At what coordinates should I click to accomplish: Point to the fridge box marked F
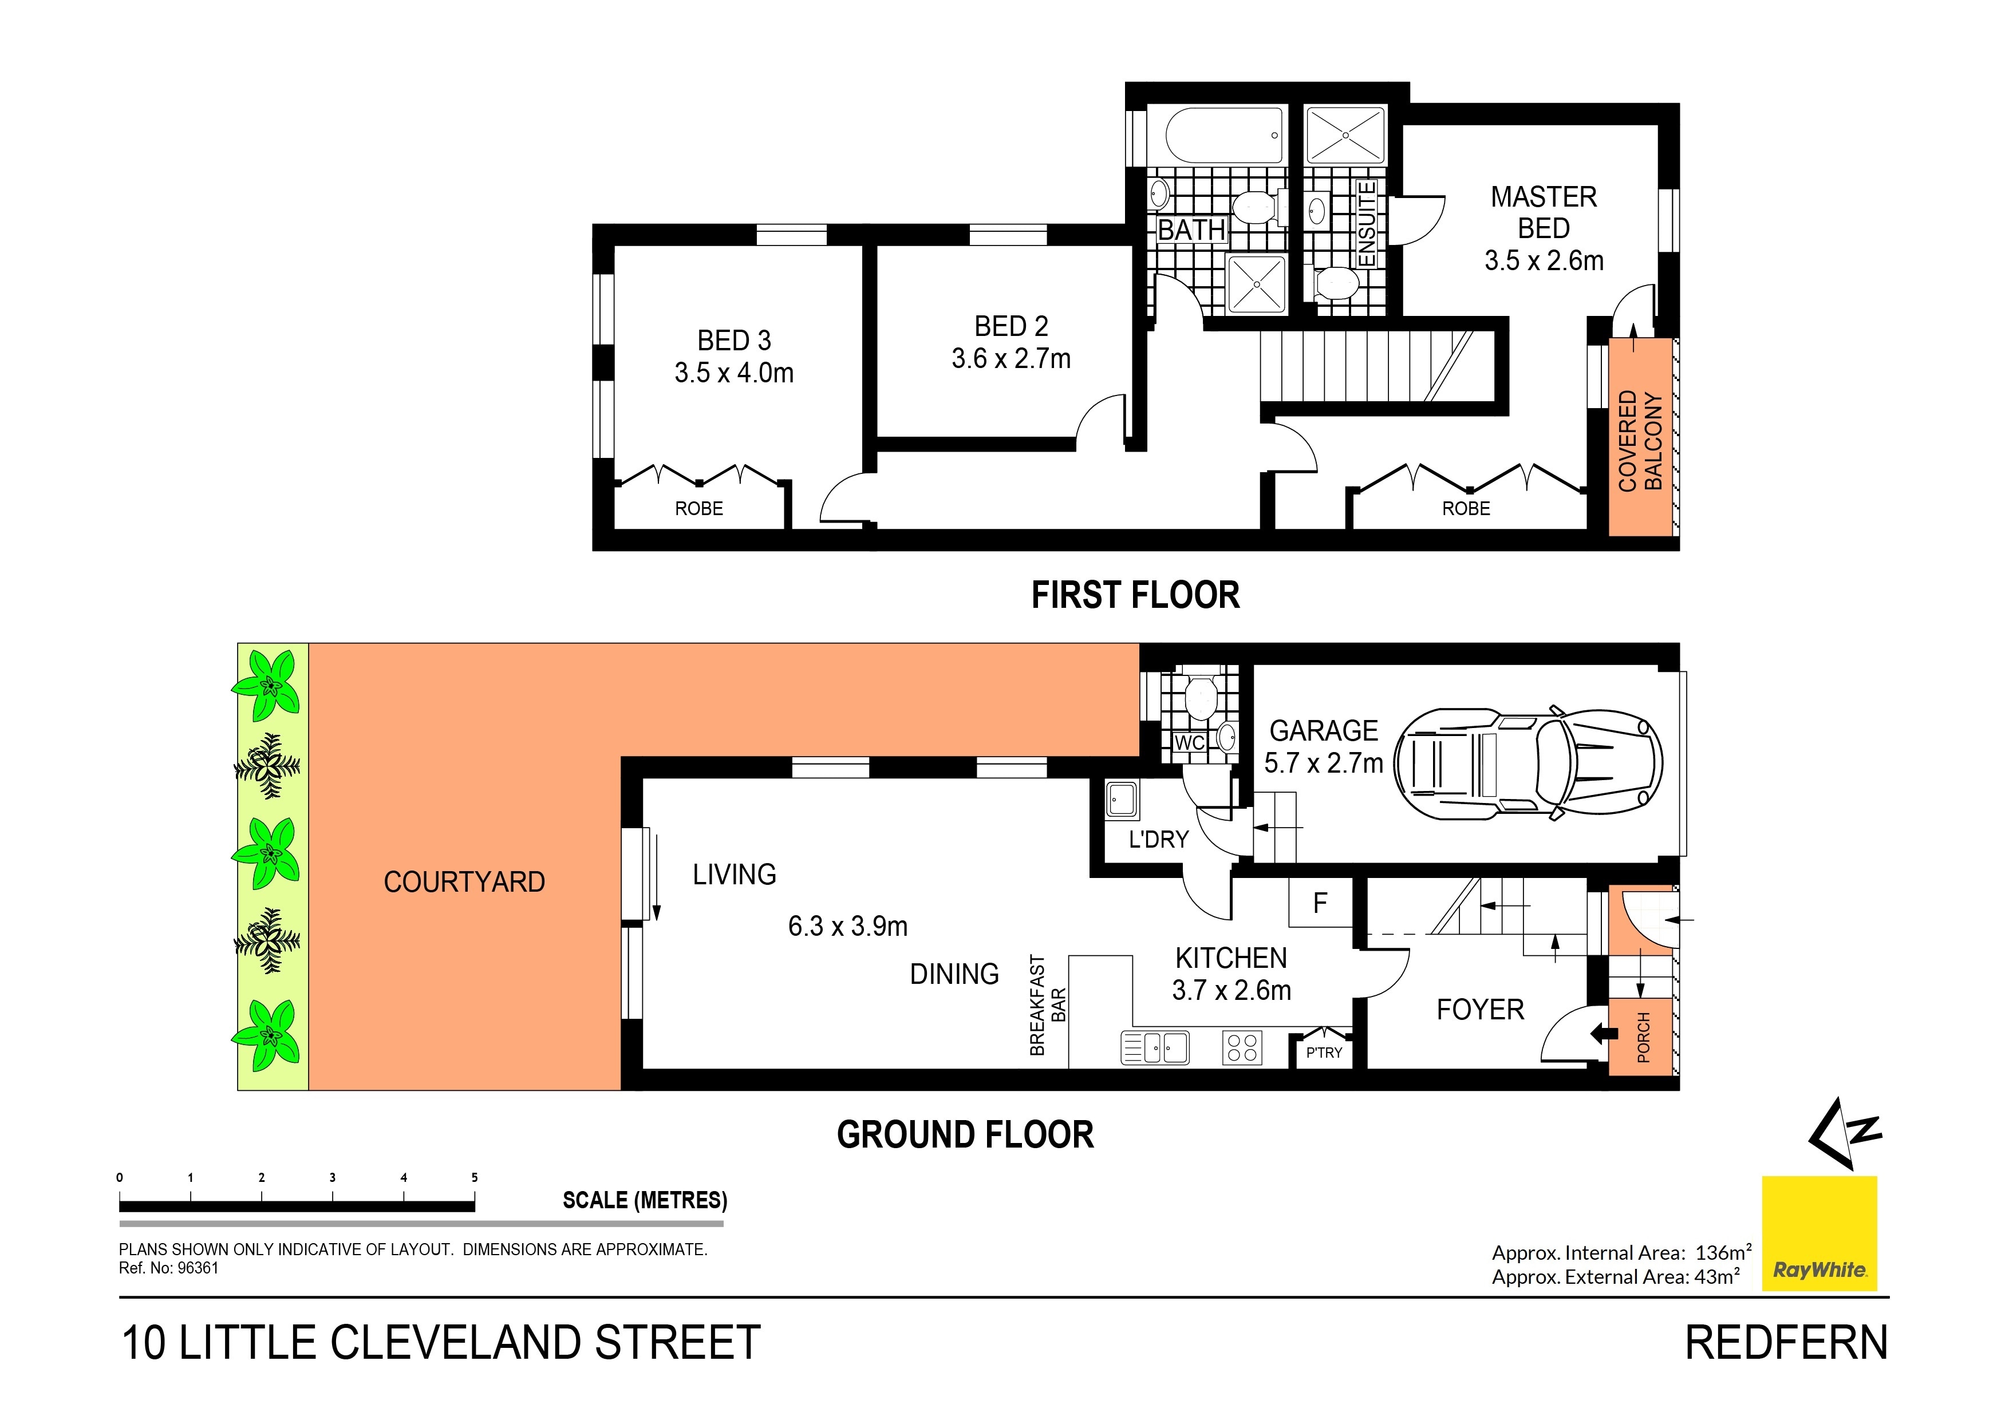coord(1320,902)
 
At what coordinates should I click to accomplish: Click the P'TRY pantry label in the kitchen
coord(1323,1053)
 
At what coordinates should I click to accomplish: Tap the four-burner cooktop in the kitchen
coord(1242,1047)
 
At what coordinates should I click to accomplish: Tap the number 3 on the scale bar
coord(333,1178)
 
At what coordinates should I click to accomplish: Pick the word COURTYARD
coord(464,882)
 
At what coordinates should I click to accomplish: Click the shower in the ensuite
coord(1345,135)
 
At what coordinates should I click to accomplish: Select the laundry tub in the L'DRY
coord(1122,799)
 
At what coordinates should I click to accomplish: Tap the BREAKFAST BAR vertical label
coord(1047,1004)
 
